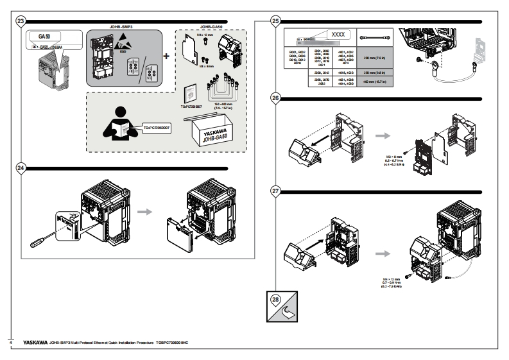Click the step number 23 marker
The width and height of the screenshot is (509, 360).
pos(21,21)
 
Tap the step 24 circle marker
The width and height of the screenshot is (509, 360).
pos(21,168)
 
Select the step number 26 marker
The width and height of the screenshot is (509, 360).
pos(275,99)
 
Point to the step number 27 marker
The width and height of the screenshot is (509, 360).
pos(275,191)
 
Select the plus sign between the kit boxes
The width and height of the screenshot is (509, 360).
pos(168,56)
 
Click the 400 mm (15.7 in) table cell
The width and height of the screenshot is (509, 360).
pos(374,81)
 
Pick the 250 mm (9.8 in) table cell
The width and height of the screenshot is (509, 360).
pos(374,73)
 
